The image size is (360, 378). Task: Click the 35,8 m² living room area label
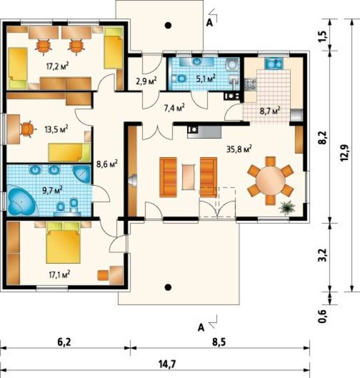(x=239, y=149)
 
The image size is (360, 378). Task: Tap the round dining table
(x=270, y=180)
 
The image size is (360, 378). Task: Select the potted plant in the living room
(x=287, y=208)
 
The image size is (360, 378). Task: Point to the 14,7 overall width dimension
(x=167, y=364)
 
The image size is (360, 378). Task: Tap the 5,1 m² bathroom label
(x=205, y=79)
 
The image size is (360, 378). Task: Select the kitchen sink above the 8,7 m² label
(x=274, y=64)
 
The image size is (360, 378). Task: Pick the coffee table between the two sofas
(x=188, y=177)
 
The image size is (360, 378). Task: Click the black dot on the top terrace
(x=168, y=25)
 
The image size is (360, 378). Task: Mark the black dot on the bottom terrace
(x=168, y=287)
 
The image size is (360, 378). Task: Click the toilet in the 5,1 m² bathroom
(x=179, y=79)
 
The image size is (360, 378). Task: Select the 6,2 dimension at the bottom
(x=64, y=342)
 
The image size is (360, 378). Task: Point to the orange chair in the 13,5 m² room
(x=28, y=129)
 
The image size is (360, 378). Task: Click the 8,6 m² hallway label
(x=107, y=164)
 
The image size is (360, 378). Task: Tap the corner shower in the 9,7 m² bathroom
(x=82, y=174)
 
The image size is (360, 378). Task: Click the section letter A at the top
(x=210, y=23)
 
